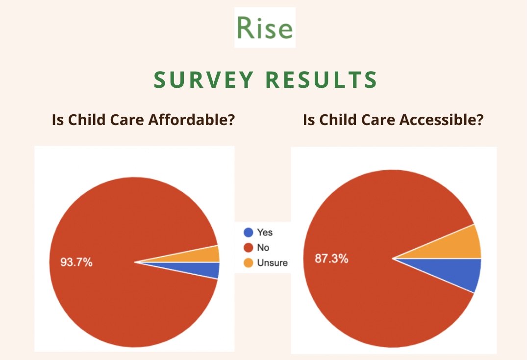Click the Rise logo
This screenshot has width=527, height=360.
click(x=265, y=27)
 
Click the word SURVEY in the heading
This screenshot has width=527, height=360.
click(x=203, y=79)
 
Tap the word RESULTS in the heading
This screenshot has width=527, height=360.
click(x=321, y=79)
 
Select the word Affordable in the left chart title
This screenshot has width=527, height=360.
click(x=191, y=120)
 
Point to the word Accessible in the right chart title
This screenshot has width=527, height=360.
click(x=441, y=120)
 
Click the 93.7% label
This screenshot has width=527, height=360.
click(x=76, y=262)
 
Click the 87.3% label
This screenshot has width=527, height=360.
click(x=331, y=258)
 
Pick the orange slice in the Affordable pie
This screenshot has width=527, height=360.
click(x=201, y=256)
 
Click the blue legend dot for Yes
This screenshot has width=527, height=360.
click(x=248, y=232)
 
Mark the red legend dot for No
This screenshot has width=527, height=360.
click(x=248, y=248)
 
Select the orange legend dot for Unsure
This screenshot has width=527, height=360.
click(x=248, y=263)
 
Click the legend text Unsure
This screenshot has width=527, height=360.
click(x=272, y=263)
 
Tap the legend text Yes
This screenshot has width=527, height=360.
click(x=265, y=232)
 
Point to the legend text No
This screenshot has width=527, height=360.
click(x=263, y=248)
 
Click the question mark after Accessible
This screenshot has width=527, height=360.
click(x=480, y=120)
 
